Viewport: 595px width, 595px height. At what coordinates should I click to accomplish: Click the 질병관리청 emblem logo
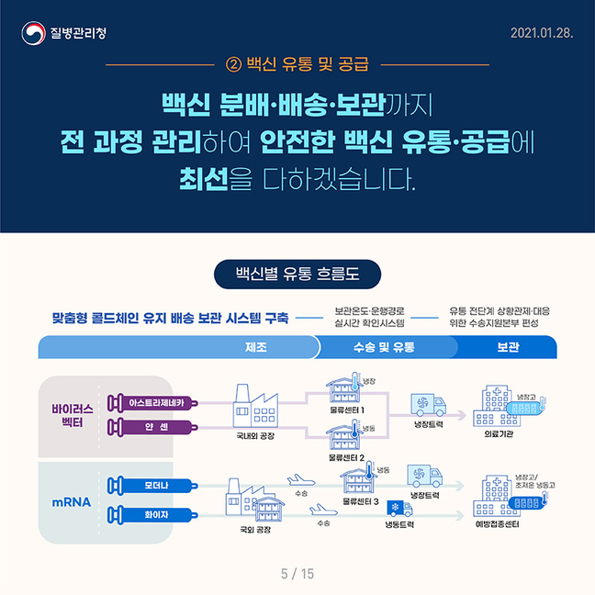pyautogui.click(x=33, y=33)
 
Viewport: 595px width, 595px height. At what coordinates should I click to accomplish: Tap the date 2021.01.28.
pyautogui.click(x=542, y=33)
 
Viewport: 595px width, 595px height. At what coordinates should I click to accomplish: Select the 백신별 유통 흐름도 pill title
pyautogui.click(x=297, y=274)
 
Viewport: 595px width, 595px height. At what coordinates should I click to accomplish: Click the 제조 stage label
pyautogui.click(x=256, y=347)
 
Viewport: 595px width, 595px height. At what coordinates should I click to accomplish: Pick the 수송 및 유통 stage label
pyautogui.click(x=384, y=347)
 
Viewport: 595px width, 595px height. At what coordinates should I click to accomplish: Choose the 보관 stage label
pyautogui.click(x=508, y=347)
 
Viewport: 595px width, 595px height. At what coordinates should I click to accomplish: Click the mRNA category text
pyautogui.click(x=72, y=502)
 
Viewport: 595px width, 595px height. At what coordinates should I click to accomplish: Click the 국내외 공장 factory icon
pyautogui.click(x=255, y=406)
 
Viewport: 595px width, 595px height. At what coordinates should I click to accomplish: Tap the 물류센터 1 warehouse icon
pyautogui.click(x=344, y=387)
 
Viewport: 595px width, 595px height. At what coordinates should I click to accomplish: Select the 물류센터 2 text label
pyautogui.click(x=346, y=458)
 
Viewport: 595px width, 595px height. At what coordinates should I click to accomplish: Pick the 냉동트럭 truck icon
pyautogui.click(x=399, y=509)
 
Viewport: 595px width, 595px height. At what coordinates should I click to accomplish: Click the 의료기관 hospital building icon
pyautogui.click(x=497, y=406)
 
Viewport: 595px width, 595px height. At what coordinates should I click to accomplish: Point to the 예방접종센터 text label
pyautogui.click(x=497, y=524)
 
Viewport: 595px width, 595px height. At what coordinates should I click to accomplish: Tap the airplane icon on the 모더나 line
pyautogui.click(x=301, y=481)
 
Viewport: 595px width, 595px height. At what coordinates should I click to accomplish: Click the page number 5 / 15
pyautogui.click(x=297, y=574)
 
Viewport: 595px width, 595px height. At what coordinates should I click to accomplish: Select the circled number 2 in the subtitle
pyautogui.click(x=234, y=64)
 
